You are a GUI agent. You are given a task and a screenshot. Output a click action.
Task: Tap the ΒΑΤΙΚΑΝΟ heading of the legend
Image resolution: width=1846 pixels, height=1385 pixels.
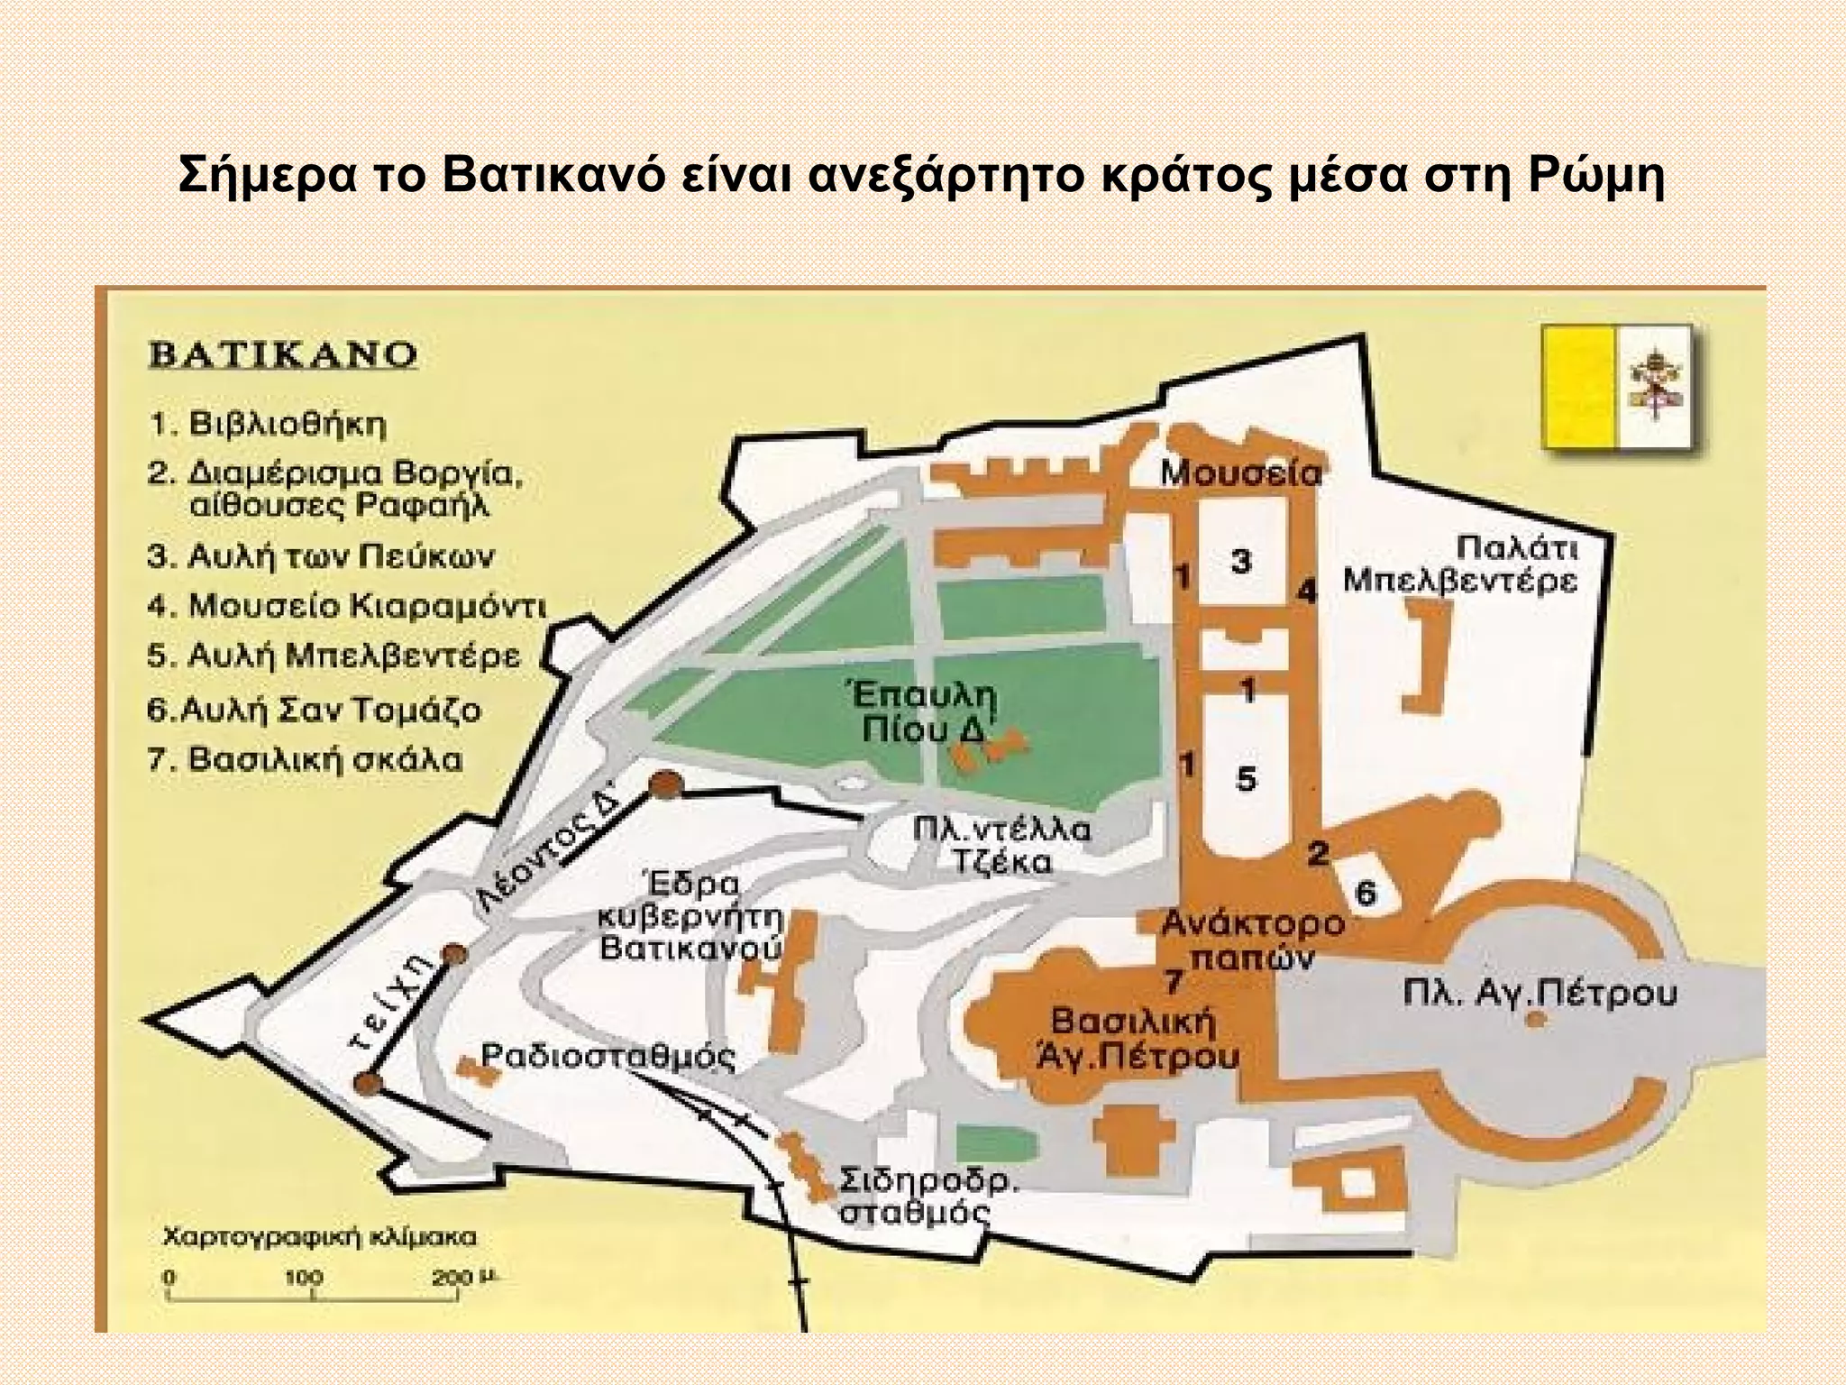282,353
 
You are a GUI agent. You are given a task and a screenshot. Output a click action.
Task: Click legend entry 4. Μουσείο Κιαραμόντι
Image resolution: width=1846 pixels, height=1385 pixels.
347,606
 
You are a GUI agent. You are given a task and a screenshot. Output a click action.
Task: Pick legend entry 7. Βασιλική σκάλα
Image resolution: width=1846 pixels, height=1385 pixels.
306,759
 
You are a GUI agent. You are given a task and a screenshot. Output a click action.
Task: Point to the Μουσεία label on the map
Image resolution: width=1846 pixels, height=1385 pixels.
1239,473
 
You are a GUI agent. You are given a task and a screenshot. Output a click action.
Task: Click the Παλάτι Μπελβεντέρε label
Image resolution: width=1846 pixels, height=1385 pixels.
1459,564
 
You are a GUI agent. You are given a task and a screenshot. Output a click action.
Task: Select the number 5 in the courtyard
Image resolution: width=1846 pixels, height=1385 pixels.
1245,777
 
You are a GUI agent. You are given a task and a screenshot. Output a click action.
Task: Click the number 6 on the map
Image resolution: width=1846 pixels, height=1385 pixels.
1366,894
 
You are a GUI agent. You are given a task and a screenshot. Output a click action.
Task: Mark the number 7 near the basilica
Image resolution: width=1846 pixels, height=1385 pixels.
1172,980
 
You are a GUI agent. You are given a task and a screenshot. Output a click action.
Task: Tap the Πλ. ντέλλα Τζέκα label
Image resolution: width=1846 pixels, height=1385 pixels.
1001,845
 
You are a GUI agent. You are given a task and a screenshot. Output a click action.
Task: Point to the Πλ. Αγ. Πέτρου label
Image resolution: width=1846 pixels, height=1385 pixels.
1540,994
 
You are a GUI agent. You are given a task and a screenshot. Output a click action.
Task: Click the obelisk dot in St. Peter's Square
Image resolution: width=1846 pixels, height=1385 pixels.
1533,1021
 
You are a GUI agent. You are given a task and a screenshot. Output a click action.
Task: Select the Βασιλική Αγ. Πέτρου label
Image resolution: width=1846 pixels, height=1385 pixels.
1134,1038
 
